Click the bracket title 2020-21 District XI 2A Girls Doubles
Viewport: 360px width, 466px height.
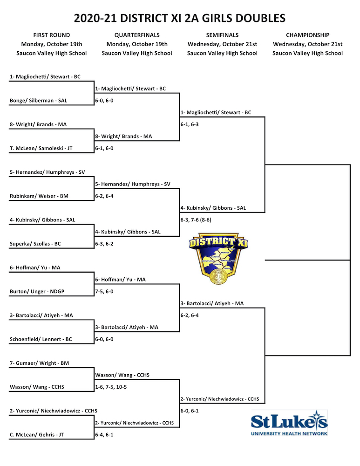pyautogui.click(x=180, y=18)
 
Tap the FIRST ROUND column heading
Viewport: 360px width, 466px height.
pyautogui.click(x=51, y=35)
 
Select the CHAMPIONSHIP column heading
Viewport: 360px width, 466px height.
pyautogui.click(x=307, y=35)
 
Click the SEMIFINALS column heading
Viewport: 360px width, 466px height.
pyautogui.click(x=222, y=35)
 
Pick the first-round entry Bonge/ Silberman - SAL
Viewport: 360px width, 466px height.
pyautogui.click(x=38, y=101)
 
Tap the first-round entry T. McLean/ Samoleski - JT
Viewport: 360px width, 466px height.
pyautogui.click(x=41, y=148)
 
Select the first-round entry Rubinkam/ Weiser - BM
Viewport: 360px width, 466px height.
pyautogui.click(x=39, y=196)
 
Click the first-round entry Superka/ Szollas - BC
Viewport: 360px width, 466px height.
pyautogui.click(x=35, y=244)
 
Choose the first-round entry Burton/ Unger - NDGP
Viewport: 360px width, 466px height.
pyautogui.click(x=37, y=292)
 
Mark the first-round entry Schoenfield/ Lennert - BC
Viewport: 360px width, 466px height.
pyautogui.click(x=41, y=339)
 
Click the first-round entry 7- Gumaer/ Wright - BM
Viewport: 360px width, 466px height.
pyautogui.click(x=39, y=363)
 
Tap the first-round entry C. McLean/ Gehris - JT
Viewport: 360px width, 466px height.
pyautogui.click(x=36, y=434)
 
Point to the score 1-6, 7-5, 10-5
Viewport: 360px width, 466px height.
pyautogui.click(x=111, y=387)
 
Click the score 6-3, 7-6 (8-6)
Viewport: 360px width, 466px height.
pyautogui.click(x=196, y=220)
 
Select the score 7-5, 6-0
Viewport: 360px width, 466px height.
pyautogui.click(x=104, y=292)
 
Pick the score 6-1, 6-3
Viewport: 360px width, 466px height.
pyautogui.click(x=190, y=124)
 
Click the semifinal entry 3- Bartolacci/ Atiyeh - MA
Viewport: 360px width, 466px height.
pyautogui.click(x=212, y=303)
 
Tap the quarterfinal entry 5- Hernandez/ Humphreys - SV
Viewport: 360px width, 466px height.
pyautogui.click(x=132, y=184)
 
